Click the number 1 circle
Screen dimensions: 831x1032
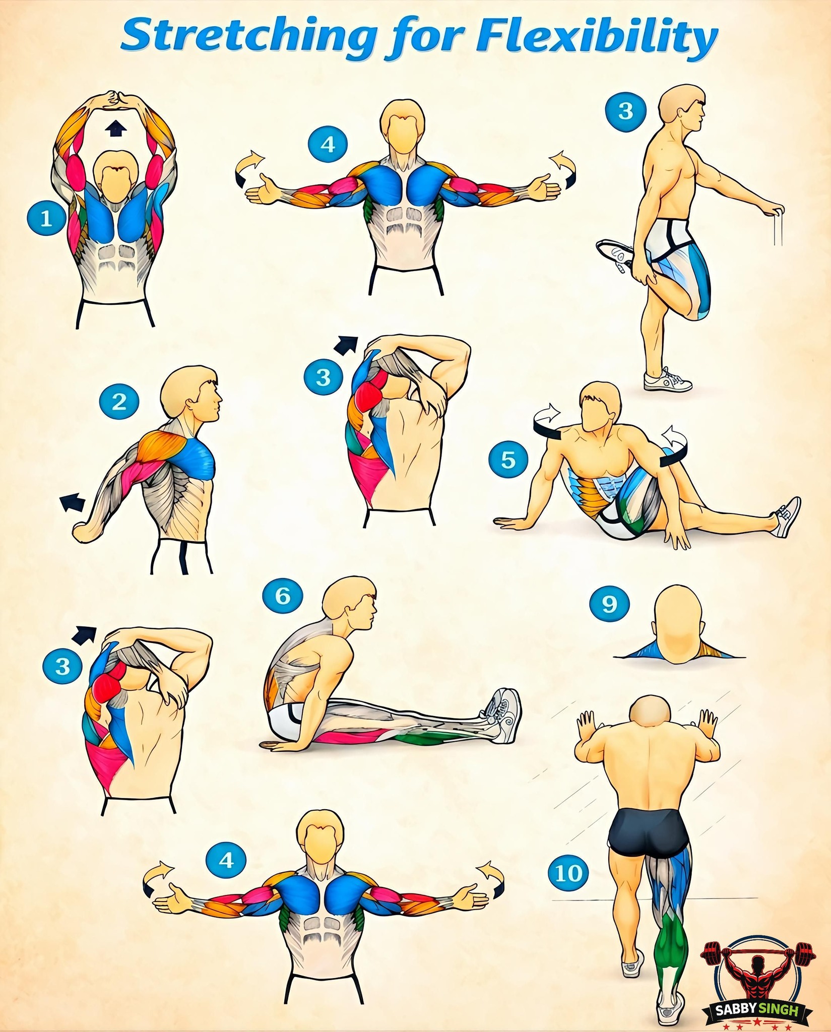46,218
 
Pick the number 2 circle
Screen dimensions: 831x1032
119,401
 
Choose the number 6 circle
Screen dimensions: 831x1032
283,596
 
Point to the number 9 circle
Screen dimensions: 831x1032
609,603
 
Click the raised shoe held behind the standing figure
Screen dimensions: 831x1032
616,256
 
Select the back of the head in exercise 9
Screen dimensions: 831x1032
678,620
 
